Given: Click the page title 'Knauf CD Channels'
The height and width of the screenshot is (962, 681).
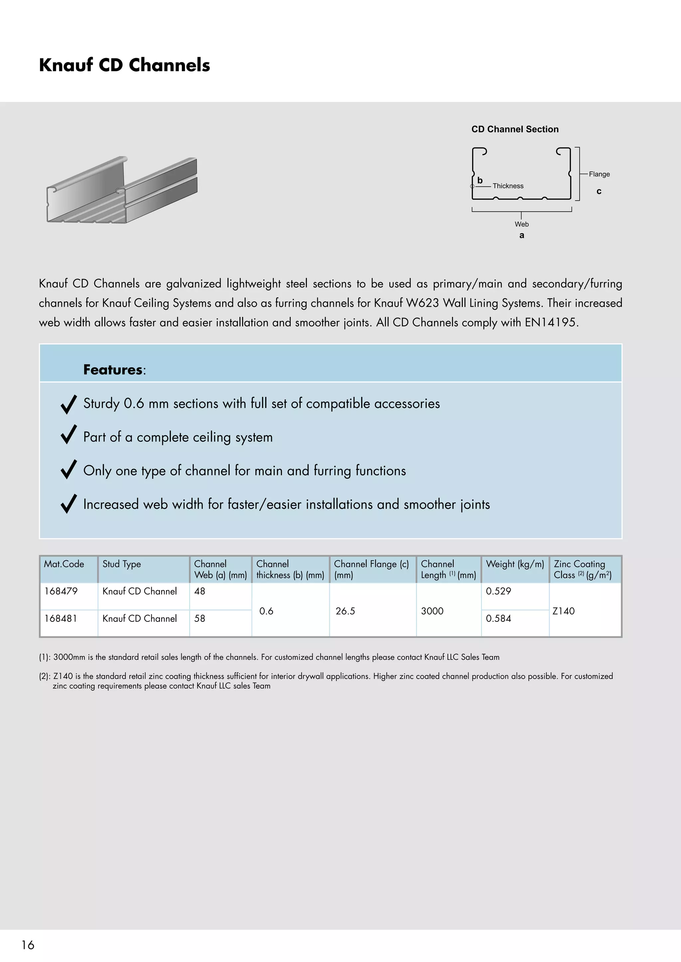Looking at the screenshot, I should point(125,65).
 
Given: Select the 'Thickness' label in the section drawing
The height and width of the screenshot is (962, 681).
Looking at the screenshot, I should point(508,186).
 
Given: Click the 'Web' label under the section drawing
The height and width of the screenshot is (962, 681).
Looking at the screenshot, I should point(521,224).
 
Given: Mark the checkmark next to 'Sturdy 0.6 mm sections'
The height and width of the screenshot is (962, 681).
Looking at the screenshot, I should point(69,404).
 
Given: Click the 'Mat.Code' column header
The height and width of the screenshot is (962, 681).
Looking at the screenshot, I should point(64,564).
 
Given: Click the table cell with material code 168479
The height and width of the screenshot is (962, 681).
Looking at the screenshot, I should point(61,591).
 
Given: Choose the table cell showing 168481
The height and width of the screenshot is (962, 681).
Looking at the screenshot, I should point(61,619).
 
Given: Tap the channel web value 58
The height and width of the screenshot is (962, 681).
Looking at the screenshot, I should point(200,619).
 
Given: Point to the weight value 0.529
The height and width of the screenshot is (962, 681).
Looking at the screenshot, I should point(498,591).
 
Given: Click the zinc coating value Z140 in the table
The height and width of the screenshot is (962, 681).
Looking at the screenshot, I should point(563,611).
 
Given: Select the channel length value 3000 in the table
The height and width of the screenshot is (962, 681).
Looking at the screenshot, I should point(432,611).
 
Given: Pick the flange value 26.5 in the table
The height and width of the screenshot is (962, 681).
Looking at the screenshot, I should point(345,611).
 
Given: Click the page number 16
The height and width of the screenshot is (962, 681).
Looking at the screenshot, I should point(28,945).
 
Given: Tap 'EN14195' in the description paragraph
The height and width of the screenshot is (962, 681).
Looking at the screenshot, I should point(551,322).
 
